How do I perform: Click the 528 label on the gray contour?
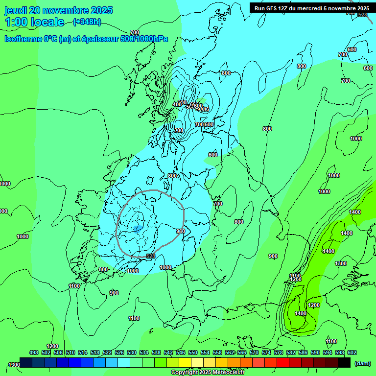point(150,256)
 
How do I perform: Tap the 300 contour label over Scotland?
point(179,130)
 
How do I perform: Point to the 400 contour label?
point(177,104)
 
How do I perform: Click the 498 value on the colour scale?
point(34,352)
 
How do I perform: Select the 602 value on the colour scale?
point(352,352)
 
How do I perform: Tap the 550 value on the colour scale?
point(193,352)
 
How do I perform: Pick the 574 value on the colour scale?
point(266,352)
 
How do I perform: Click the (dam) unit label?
point(362,363)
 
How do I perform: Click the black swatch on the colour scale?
point(344,362)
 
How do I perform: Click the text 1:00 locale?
point(34,22)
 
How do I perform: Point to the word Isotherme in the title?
point(23,39)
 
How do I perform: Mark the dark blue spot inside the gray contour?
point(137,228)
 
